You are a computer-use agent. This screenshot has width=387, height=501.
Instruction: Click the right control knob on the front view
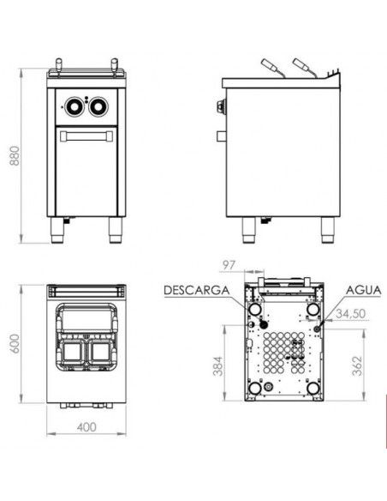click(x=98, y=106)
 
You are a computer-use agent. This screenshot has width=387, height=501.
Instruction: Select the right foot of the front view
click(x=110, y=227)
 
